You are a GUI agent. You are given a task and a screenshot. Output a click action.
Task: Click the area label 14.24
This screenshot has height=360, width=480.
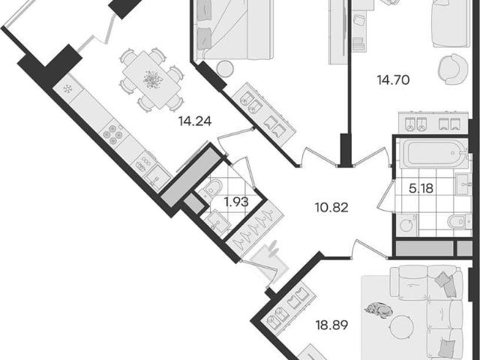(195, 121)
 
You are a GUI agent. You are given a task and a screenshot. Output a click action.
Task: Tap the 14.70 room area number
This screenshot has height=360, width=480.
(393, 80)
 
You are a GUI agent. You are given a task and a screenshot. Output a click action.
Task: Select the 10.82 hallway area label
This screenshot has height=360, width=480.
(331, 208)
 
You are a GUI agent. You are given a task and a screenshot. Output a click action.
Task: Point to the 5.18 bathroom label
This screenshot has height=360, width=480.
(421, 188)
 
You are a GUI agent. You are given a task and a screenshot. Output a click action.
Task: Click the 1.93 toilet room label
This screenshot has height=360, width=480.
(236, 202)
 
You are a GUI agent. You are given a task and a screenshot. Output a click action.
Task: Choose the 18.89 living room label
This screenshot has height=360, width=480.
(331, 325)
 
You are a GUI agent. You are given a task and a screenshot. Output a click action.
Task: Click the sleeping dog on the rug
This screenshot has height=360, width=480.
(379, 310)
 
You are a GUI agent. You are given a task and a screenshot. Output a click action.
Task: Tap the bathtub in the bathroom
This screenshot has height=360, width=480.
(433, 153)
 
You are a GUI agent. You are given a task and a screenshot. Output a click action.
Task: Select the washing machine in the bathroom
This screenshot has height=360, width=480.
(406, 225)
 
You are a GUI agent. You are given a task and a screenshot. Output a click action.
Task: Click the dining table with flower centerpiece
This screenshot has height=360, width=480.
(151, 79)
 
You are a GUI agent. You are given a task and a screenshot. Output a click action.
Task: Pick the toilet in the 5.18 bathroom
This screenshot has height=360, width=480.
(459, 221)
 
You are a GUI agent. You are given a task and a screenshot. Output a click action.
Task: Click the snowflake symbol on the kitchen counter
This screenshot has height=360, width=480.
(67, 88)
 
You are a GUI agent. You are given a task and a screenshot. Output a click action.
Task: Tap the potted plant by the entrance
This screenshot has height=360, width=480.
(272, 248)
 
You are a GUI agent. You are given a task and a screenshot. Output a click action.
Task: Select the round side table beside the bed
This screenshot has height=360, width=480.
(225, 68)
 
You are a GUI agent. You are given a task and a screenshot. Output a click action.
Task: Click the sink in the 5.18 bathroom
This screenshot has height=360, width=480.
(463, 184)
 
